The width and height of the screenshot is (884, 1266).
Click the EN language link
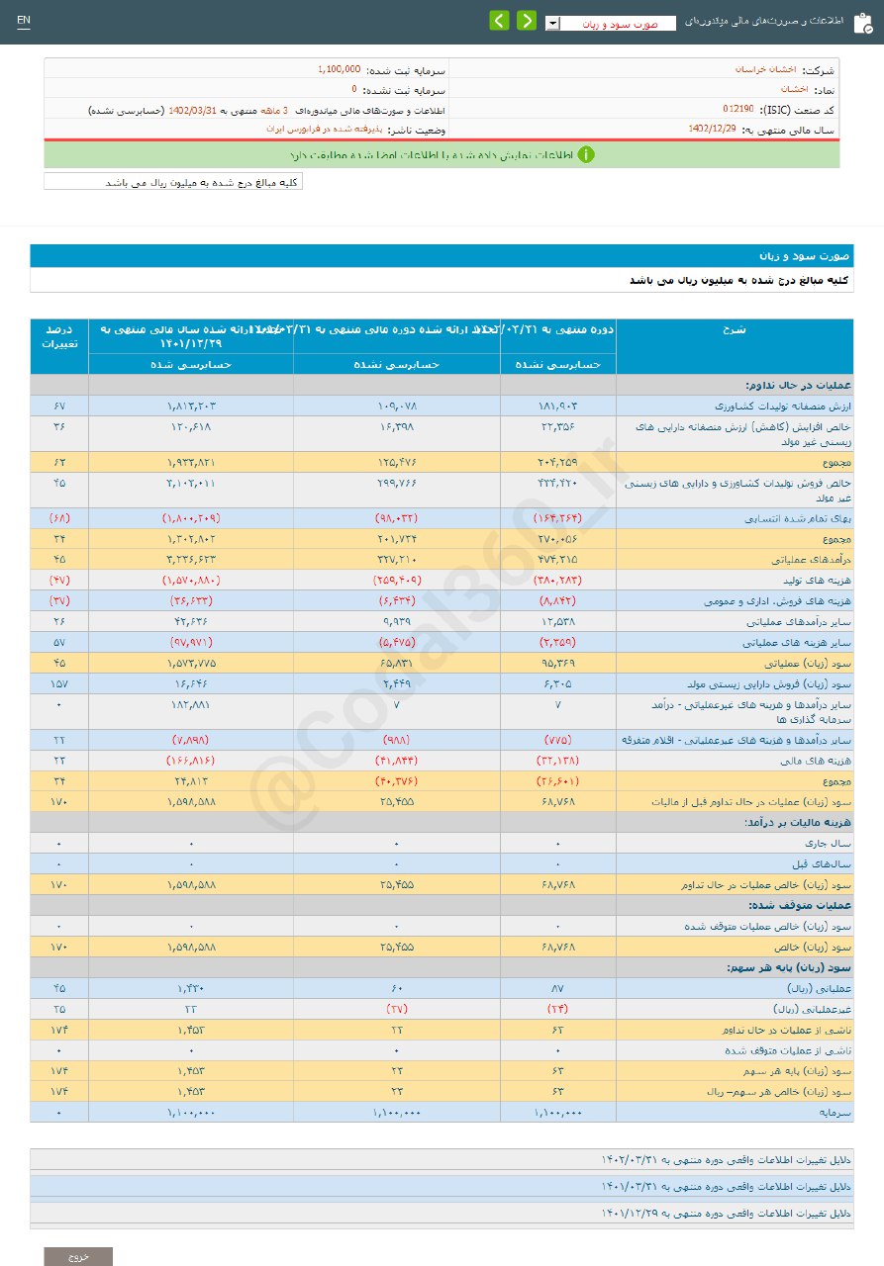pyautogui.click(x=24, y=21)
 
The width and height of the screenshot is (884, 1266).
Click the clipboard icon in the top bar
pyautogui.click(x=862, y=22)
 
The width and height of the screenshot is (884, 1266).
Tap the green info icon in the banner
pyautogui.click(x=586, y=154)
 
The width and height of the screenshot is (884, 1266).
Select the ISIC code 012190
pyautogui.click(x=737, y=108)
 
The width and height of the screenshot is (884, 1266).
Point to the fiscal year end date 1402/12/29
pyautogui.click(x=712, y=129)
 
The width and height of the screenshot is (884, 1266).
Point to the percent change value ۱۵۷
pyautogui.click(x=59, y=683)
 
